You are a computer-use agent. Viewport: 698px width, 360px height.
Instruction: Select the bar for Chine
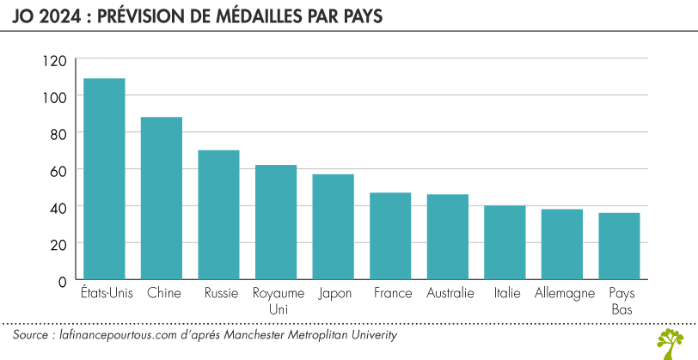pyautogui.click(x=162, y=198)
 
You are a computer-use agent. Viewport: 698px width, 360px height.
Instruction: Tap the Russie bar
pyautogui.click(x=218, y=215)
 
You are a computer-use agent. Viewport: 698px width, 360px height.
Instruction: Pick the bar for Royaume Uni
pyautogui.click(x=276, y=223)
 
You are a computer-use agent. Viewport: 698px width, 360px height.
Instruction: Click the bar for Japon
pyautogui.click(x=333, y=227)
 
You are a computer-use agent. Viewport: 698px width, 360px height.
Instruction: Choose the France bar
pyautogui.click(x=390, y=236)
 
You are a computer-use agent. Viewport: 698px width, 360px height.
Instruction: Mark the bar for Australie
pyautogui.click(x=448, y=237)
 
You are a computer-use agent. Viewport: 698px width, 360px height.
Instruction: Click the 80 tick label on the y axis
pyautogui.click(x=57, y=134)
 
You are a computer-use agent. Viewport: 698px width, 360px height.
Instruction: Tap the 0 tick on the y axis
pyautogui.click(x=61, y=281)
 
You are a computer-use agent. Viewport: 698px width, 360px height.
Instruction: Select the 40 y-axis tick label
pyautogui.click(x=57, y=208)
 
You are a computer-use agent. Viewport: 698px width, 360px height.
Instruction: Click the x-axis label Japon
pyautogui.click(x=334, y=294)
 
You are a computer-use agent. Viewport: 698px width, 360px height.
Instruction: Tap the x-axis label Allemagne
pyautogui.click(x=564, y=294)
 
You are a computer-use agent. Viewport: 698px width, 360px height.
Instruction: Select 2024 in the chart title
pyautogui.click(x=53, y=17)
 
